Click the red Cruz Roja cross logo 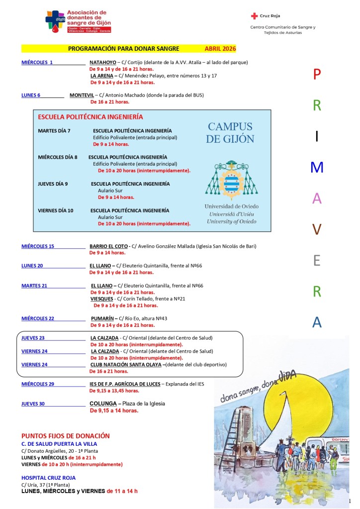coord(255,16)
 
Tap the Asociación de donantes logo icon coord(55,21)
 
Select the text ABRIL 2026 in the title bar coord(220,49)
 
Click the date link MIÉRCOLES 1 coord(37,63)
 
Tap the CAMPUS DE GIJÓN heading coord(230,133)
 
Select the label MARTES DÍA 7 coord(54,131)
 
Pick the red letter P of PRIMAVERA coord(317,75)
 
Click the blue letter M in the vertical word coord(317,168)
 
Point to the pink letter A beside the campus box coord(317,199)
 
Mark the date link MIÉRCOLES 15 coord(38,246)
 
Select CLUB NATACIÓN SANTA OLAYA coord(126,365)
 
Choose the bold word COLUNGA coord(102,404)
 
